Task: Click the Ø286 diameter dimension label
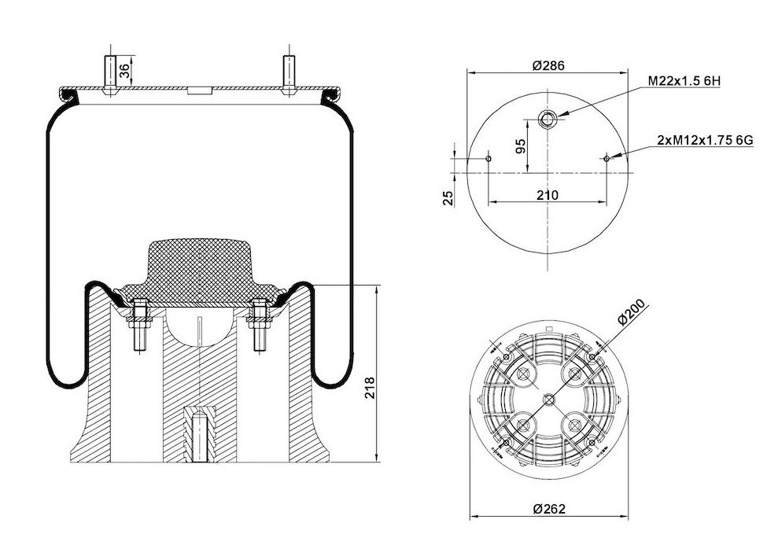tap(548, 65)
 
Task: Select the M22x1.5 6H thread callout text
tap(691, 81)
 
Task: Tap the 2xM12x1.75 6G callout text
tap(705, 140)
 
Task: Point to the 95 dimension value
tap(520, 146)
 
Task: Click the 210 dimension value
tap(548, 195)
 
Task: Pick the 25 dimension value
tap(448, 198)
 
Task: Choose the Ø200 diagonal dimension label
tap(631, 312)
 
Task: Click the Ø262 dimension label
tap(549, 509)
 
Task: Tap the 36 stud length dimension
tap(126, 71)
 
